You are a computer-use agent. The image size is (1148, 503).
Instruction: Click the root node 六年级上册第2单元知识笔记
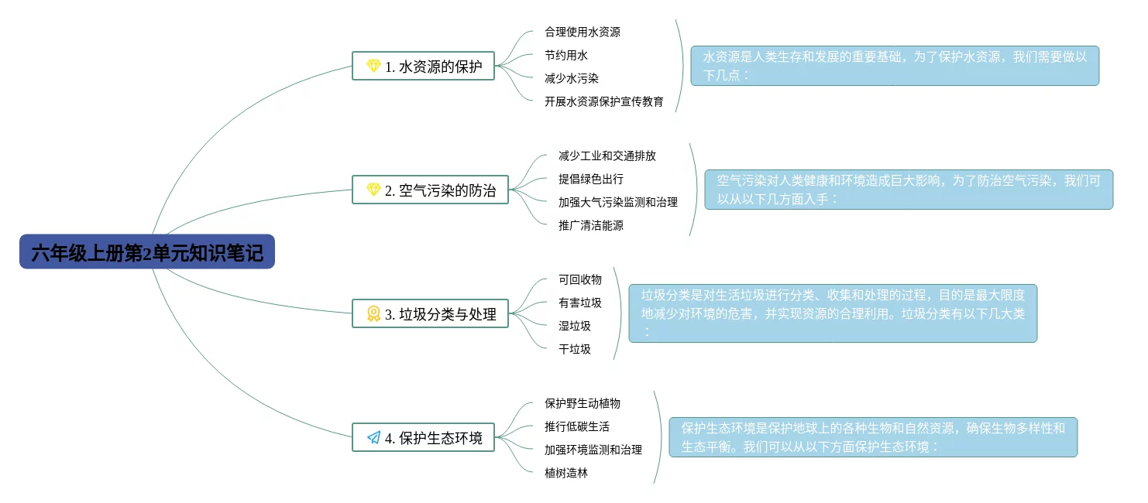pyautogui.click(x=147, y=252)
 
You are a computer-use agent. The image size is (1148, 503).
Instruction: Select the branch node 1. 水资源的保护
pyautogui.click(x=423, y=67)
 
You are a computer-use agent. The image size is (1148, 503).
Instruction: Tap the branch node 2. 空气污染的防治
pyautogui.click(x=430, y=190)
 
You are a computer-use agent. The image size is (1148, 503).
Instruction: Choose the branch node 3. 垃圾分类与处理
pyautogui.click(x=430, y=314)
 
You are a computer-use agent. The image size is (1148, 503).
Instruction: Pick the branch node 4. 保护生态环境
pyautogui.click(x=423, y=438)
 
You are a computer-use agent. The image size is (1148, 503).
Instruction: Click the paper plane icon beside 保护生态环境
pyautogui.click(x=373, y=438)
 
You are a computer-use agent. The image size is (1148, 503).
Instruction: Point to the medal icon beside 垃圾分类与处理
pyautogui.click(x=373, y=314)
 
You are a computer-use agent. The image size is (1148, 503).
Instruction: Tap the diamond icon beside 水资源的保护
pyautogui.click(x=373, y=67)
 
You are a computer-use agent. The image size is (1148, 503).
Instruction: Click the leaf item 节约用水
pyautogui.click(x=566, y=55)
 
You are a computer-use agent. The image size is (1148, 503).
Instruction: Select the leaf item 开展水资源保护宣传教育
pyautogui.click(x=604, y=101)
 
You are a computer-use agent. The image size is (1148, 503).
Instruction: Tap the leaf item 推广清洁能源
pyautogui.click(x=591, y=225)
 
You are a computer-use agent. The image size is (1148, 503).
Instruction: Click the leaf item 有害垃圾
pyautogui.click(x=580, y=303)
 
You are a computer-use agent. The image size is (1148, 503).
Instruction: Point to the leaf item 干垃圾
pyautogui.click(x=575, y=349)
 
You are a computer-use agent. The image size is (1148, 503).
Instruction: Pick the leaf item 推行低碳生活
pyautogui.click(x=577, y=426)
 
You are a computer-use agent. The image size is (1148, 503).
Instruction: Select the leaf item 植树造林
pyautogui.click(x=566, y=473)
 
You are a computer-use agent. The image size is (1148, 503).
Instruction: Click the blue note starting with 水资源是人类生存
pyautogui.click(x=895, y=66)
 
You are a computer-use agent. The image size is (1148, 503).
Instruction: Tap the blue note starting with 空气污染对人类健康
pyautogui.click(x=909, y=190)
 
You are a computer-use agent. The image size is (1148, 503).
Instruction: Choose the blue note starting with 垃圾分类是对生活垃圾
pyautogui.click(x=833, y=313)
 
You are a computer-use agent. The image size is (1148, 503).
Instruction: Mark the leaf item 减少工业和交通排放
pyautogui.click(x=607, y=156)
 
